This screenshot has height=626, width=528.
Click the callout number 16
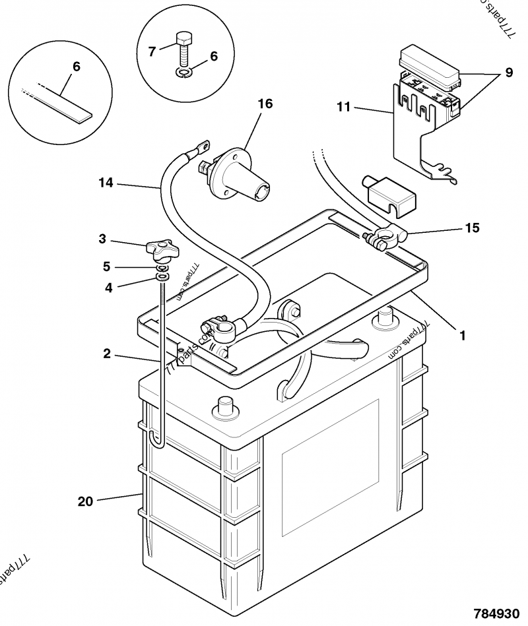click(x=265, y=104)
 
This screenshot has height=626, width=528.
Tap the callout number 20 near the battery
click(x=85, y=501)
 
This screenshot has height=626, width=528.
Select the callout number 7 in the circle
click(x=152, y=51)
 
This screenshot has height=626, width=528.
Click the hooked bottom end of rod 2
click(x=158, y=441)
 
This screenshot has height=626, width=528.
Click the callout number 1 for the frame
click(x=463, y=335)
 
